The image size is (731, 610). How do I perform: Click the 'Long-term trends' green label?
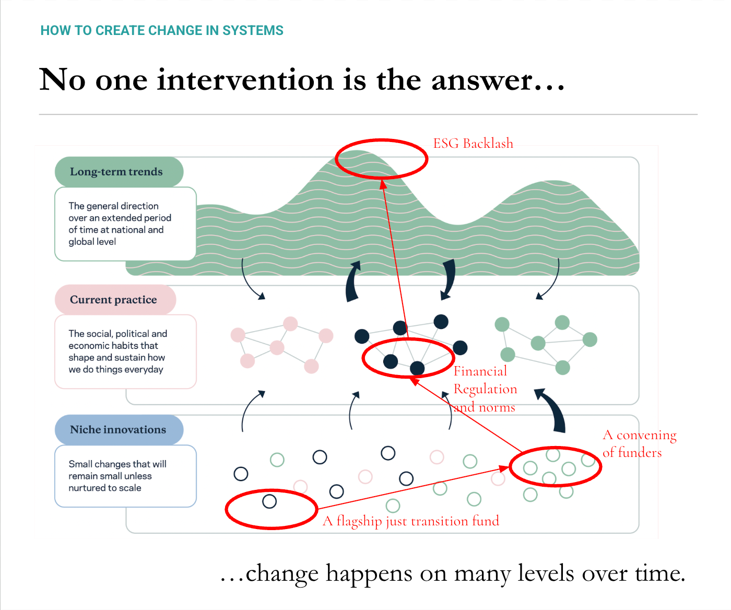(x=116, y=172)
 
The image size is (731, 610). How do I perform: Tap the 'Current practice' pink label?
(x=113, y=300)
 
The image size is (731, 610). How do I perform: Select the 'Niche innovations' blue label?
(x=118, y=430)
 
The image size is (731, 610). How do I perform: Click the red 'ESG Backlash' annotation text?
(x=473, y=144)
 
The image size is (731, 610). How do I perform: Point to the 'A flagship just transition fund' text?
(x=411, y=521)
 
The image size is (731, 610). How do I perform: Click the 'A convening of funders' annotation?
(x=639, y=444)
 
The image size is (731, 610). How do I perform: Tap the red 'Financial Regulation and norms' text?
(x=485, y=389)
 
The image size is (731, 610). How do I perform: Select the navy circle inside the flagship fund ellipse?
(x=269, y=501)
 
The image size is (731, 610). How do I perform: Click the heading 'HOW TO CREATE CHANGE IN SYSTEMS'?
(x=162, y=31)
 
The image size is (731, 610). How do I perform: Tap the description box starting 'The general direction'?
(x=125, y=224)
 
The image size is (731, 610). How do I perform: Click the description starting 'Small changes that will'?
(x=125, y=476)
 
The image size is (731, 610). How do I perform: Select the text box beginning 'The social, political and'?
(x=125, y=351)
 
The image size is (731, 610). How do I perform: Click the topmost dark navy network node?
(x=441, y=322)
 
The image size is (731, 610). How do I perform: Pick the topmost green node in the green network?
(x=562, y=322)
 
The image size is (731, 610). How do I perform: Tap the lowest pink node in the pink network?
(x=311, y=366)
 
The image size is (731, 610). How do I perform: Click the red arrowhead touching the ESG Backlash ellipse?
(x=383, y=184)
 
